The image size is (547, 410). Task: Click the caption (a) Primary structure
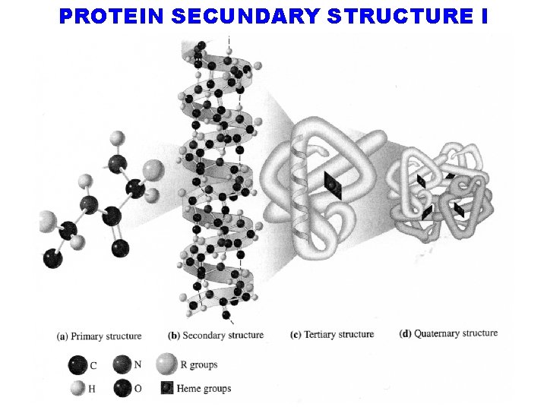pos(100,336)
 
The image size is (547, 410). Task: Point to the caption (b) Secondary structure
pos(216,335)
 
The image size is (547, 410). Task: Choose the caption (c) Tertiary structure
pos(332,334)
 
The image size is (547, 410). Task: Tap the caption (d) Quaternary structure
pos(448,333)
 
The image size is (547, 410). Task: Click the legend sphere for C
pos(77,364)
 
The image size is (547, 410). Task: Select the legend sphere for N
pos(122,364)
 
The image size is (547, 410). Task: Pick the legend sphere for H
pos(78,389)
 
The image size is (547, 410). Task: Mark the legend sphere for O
pos(122,389)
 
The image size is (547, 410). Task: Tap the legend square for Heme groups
pos(166,389)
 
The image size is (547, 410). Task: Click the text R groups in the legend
pos(199,365)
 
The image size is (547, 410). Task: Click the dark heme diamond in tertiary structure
pos(332,185)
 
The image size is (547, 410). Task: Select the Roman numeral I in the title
pos(484,17)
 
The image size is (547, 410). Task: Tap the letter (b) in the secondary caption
pos(174,335)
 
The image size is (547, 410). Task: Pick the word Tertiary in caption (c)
pos(320,334)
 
